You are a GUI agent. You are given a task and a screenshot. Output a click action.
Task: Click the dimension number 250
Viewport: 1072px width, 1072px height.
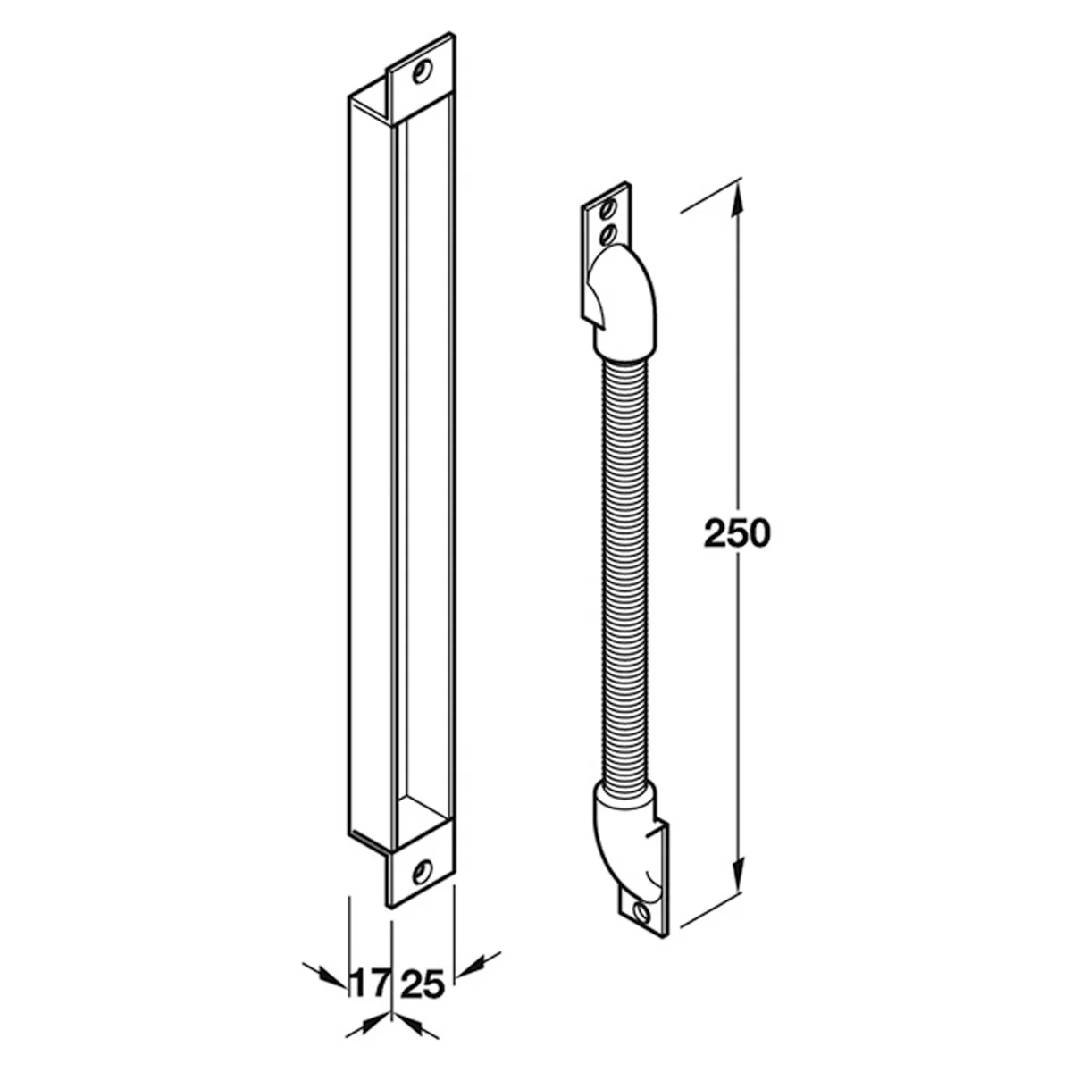[x=737, y=533]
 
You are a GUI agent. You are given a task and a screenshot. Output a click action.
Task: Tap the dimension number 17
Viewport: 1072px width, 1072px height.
[x=369, y=969]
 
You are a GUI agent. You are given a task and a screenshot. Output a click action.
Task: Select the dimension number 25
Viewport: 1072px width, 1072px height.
[x=424, y=969]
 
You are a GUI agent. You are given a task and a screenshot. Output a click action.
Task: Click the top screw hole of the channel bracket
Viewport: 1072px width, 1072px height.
[x=423, y=71]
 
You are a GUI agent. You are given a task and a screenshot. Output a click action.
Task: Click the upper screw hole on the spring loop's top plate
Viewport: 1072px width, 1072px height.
[x=608, y=209]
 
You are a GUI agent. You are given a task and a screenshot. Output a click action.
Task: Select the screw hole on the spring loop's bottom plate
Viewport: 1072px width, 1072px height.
[x=642, y=912]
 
